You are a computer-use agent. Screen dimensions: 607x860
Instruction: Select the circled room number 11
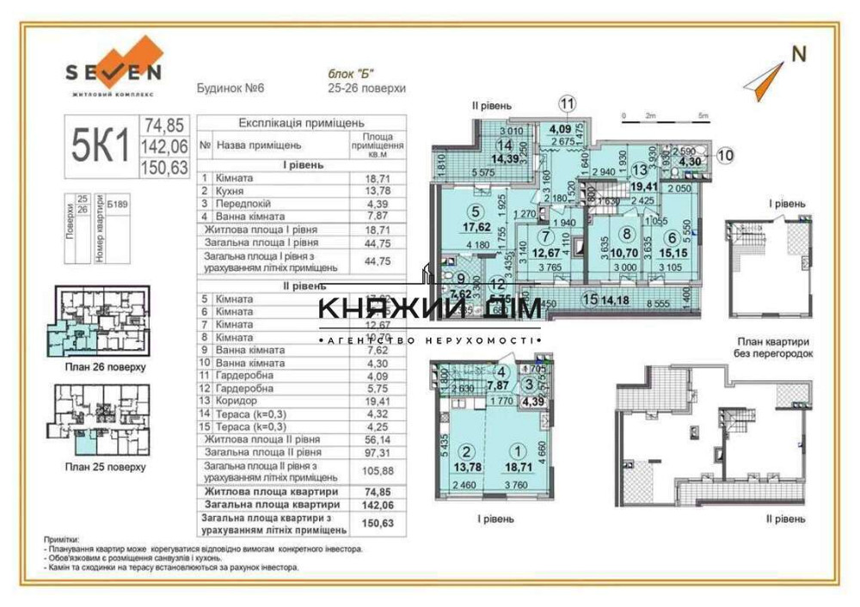click(567, 104)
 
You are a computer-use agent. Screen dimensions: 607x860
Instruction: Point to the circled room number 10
click(726, 156)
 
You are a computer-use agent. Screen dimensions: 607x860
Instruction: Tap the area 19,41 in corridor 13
click(642, 184)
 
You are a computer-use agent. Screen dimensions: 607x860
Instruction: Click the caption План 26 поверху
click(105, 366)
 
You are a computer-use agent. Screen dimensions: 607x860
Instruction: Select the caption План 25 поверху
click(105, 467)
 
